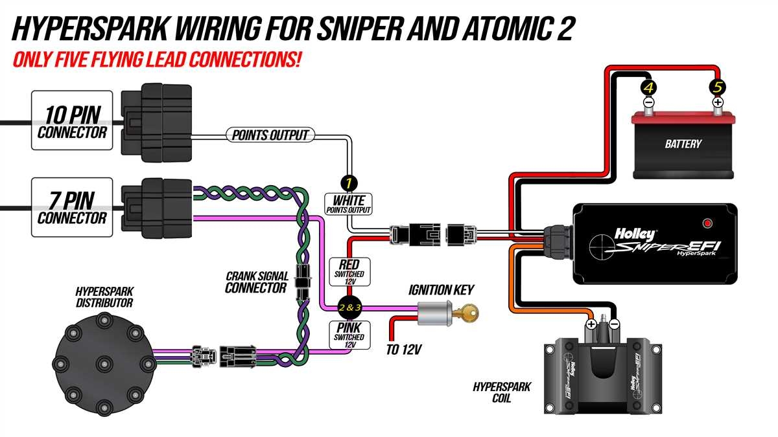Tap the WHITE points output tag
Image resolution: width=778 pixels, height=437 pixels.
[349, 204]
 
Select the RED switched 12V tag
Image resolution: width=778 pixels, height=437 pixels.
[349, 270]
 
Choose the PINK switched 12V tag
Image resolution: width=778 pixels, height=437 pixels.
[349, 334]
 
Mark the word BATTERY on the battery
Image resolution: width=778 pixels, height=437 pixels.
[683, 144]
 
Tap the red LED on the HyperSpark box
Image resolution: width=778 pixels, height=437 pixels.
[708, 224]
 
